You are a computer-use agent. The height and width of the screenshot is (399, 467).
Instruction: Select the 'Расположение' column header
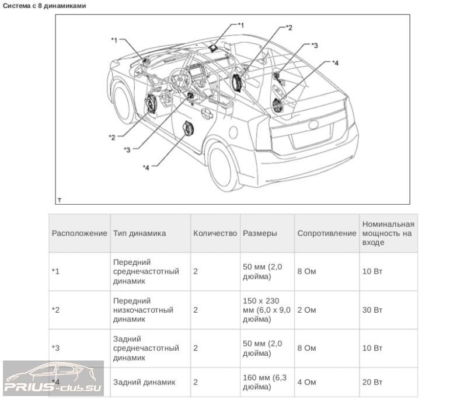[x=79, y=233]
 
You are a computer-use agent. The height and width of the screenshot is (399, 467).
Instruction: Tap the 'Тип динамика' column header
[x=139, y=233]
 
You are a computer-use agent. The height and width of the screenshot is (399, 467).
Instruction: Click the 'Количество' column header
[x=215, y=233]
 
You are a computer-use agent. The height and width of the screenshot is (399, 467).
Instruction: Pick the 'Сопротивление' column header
[x=326, y=233]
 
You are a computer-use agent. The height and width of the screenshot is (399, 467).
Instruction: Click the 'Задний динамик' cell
[x=144, y=382]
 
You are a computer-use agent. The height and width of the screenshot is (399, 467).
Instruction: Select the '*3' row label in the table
[x=55, y=348]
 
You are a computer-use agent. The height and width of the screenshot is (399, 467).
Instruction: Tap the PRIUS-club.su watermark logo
[x=53, y=379]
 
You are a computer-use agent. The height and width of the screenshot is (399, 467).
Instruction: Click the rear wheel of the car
[x=224, y=167]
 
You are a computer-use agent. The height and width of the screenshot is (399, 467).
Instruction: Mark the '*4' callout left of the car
[x=147, y=167]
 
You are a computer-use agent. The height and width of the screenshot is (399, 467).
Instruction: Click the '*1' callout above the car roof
[x=241, y=26]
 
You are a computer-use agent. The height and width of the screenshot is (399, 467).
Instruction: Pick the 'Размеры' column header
[x=260, y=233]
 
